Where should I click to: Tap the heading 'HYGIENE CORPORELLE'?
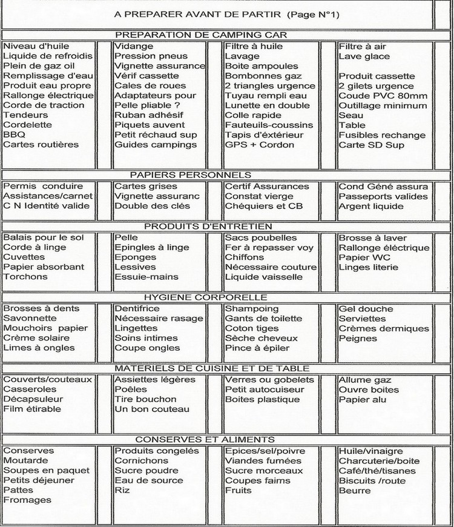[x=206, y=297]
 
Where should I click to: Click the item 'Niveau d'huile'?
[x=36, y=47]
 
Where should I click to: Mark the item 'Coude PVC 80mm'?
[x=383, y=96]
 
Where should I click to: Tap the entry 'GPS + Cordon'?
[x=259, y=145]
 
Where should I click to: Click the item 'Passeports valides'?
[x=383, y=196]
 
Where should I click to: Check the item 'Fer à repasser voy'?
[x=269, y=248]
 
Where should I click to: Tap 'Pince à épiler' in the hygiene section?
[x=257, y=348]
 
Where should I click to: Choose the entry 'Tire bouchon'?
[x=145, y=399]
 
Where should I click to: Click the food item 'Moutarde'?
[x=27, y=460]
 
